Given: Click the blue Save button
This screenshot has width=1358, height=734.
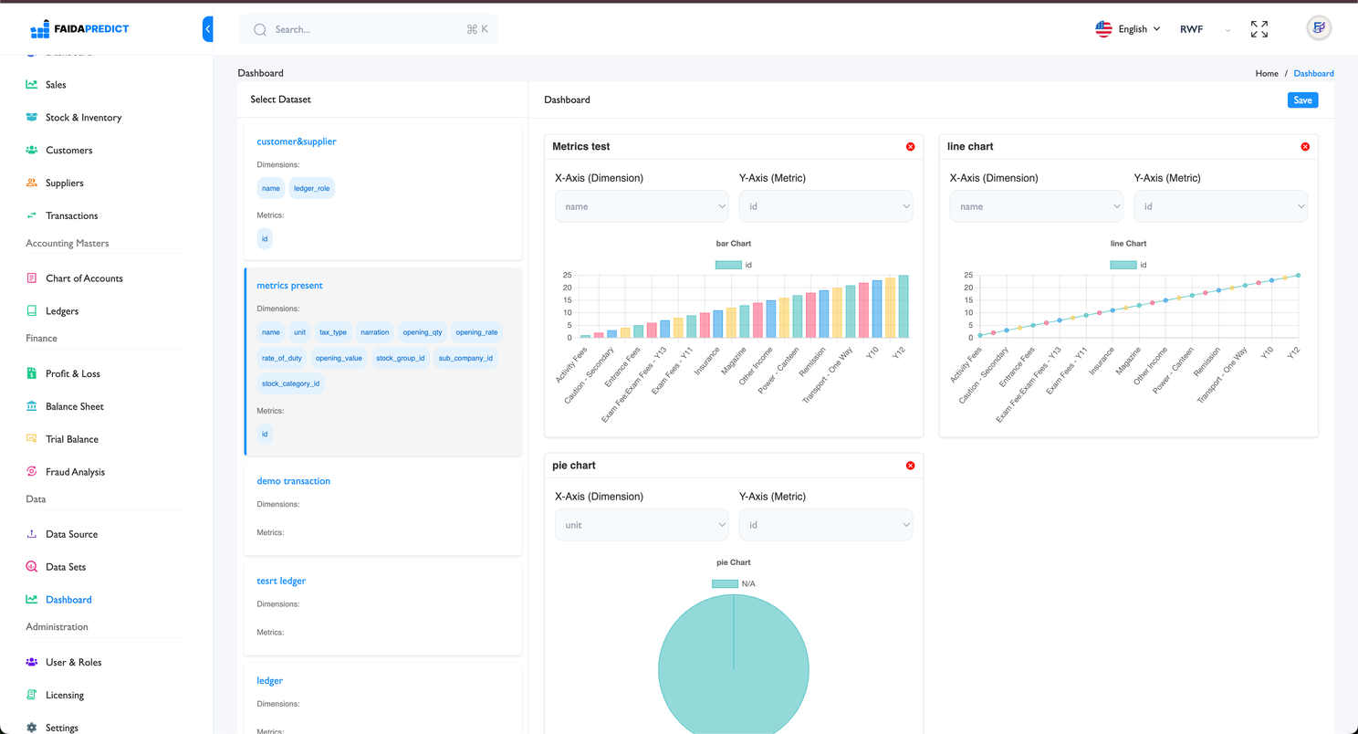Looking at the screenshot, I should (x=1302, y=100).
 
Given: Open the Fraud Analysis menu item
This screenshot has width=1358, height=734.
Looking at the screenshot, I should (x=75, y=472).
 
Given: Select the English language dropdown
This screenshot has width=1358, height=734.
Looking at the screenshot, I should (x=1128, y=29).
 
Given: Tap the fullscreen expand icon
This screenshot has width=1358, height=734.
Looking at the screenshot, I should (x=1259, y=29).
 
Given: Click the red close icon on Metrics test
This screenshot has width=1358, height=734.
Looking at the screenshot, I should (x=910, y=147).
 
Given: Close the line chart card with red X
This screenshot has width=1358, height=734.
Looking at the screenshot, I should (x=1305, y=147).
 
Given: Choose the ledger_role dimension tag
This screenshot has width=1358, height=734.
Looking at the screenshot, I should (x=311, y=188).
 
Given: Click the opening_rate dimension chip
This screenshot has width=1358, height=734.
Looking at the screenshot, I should (x=476, y=332).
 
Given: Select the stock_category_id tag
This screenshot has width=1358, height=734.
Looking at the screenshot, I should (x=290, y=383).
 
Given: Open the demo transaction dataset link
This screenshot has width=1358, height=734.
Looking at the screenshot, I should (x=293, y=481).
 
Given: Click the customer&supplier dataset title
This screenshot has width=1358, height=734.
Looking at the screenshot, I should (x=297, y=142).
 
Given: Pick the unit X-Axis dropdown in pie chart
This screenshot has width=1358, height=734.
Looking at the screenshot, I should (x=642, y=525).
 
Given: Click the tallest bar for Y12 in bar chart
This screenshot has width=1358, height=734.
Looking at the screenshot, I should (x=903, y=306).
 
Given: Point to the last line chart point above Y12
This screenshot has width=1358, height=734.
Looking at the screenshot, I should (x=1298, y=276).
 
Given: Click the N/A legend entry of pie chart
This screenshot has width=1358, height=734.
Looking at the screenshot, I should (x=734, y=583).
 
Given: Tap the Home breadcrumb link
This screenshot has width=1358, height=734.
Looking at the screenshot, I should (x=1266, y=73).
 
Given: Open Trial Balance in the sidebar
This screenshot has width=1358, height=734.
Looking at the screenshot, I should (x=71, y=439).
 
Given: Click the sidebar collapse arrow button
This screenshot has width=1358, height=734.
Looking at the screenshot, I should (x=208, y=29).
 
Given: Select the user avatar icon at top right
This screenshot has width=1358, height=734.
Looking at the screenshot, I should (x=1318, y=28).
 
